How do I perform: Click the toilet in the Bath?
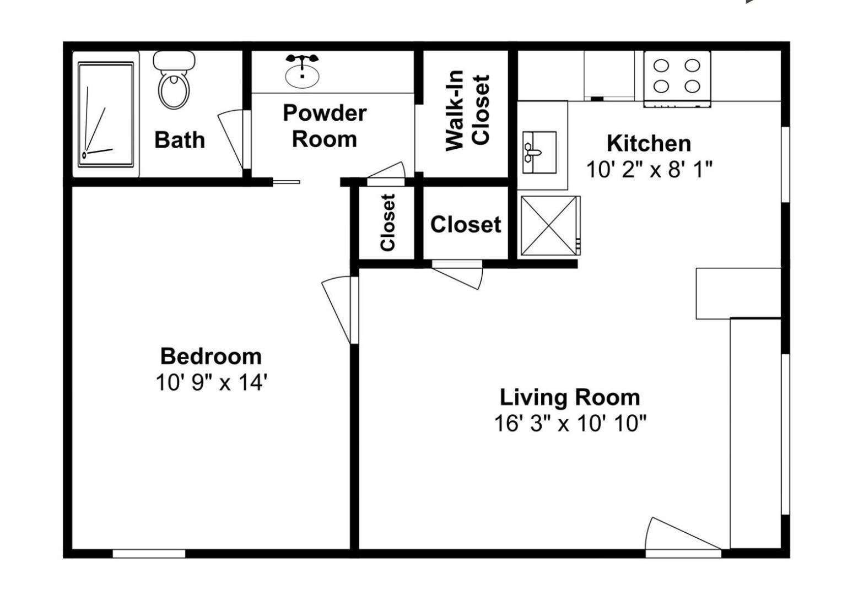pyautogui.click(x=174, y=80)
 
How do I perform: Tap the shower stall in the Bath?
pyautogui.click(x=106, y=115)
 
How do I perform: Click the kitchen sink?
pyautogui.click(x=539, y=152)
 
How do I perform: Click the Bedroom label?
pyautogui.click(x=211, y=356)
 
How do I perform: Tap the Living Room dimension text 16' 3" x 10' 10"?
pyautogui.click(x=570, y=424)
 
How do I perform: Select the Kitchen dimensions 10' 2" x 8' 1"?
pyautogui.click(x=649, y=170)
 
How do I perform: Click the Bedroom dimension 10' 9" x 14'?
pyautogui.click(x=211, y=383)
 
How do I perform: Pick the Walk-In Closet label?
pyautogui.click(x=467, y=111)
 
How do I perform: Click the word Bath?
pyautogui.click(x=180, y=140)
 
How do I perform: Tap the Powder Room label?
pyautogui.click(x=325, y=126)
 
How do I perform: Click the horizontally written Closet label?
pyautogui.click(x=466, y=224)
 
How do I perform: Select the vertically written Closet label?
pyautogui.click(x=388, y=222)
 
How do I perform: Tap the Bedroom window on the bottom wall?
pyautogui.click(x=149, y=554)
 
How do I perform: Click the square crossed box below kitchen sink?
pyautogui.click(x=549, y=225)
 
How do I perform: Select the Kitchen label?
pyautogui.click(x=649, y=144)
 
